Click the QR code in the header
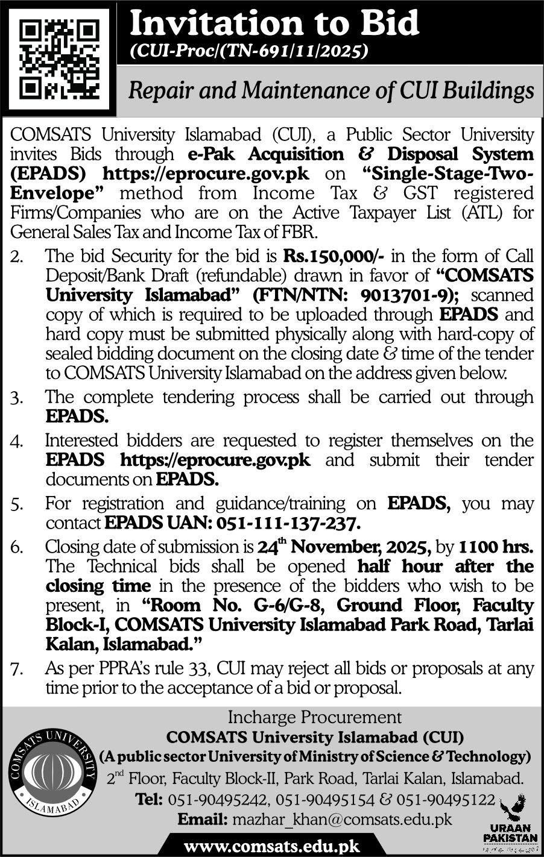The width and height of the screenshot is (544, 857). pyautogui.click(x=58, y=58)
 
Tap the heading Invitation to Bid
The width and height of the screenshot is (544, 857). pyautogui.click(x=274, y=24)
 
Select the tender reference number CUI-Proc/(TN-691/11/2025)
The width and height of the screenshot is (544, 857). pyautogui.click(x=249, y=52)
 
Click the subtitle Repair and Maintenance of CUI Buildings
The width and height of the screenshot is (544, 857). pyautogui.click(x=332, y=91)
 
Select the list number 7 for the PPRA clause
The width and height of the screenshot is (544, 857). pyautogui.click(x=16, y=668)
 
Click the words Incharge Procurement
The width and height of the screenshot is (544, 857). pyautogui.click(x=314, y=717)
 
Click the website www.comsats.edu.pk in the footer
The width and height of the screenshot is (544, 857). pyautogui.click(x=271, y=846)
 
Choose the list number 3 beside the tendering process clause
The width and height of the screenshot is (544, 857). pyautogui.click(x=16, y=398)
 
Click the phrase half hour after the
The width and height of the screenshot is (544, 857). pyautogui.click(x=445, y=567)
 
